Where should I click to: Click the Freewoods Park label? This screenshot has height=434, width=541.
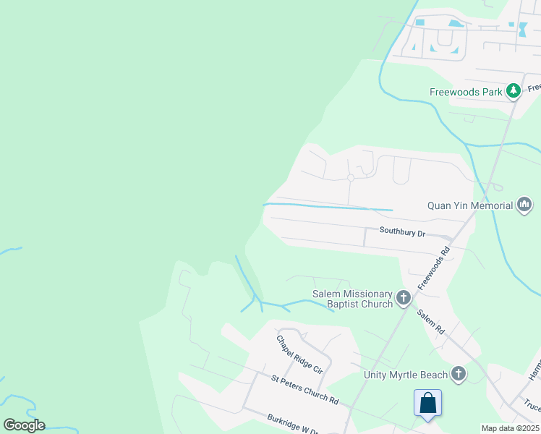pos(466,93)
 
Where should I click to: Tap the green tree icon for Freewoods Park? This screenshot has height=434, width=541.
pos(514,90)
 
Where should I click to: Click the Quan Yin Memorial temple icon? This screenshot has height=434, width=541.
pos(524,205)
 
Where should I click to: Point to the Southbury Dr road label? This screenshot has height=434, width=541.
pos(402,232)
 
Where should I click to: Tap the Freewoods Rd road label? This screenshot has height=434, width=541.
pos(434,260)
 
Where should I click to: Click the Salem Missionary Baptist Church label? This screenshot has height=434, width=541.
pos(352,299)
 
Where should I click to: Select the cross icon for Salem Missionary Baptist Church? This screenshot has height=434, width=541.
pos(404,297)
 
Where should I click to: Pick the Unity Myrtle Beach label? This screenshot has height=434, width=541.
pos(405,374)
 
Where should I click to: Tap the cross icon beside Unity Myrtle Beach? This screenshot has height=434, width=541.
pos(458,374)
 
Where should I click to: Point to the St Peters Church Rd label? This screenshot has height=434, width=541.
pos(304,389)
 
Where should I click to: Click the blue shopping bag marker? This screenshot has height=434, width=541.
pos(427,403)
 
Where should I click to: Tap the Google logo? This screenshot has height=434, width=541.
pos(24,425)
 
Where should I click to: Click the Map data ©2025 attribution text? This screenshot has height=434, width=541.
pos(509,428)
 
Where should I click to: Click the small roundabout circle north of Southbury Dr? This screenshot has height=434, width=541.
pos(351,177)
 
